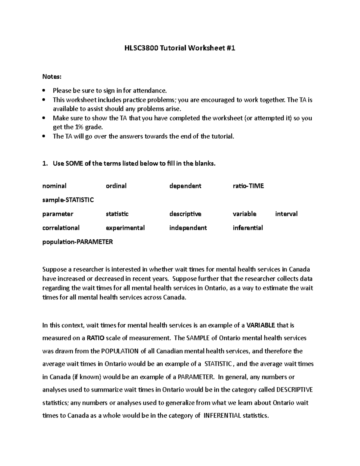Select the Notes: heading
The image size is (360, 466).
[52, 77]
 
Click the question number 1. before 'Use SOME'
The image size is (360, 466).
[45, 164]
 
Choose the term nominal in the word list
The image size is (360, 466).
[54, 186]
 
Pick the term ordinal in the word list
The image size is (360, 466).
[116, 186]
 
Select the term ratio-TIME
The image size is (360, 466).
[248, 186]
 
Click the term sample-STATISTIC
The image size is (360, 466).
[68, 200]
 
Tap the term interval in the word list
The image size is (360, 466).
[286, 214]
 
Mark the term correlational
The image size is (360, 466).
[61, 228]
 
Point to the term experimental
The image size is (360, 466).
[125, 228]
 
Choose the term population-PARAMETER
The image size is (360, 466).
[77, 242]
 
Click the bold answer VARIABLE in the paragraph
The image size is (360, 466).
[260, 325]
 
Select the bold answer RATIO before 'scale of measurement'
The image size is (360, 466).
[95, 338]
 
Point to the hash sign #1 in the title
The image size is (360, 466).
[231, 48]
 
